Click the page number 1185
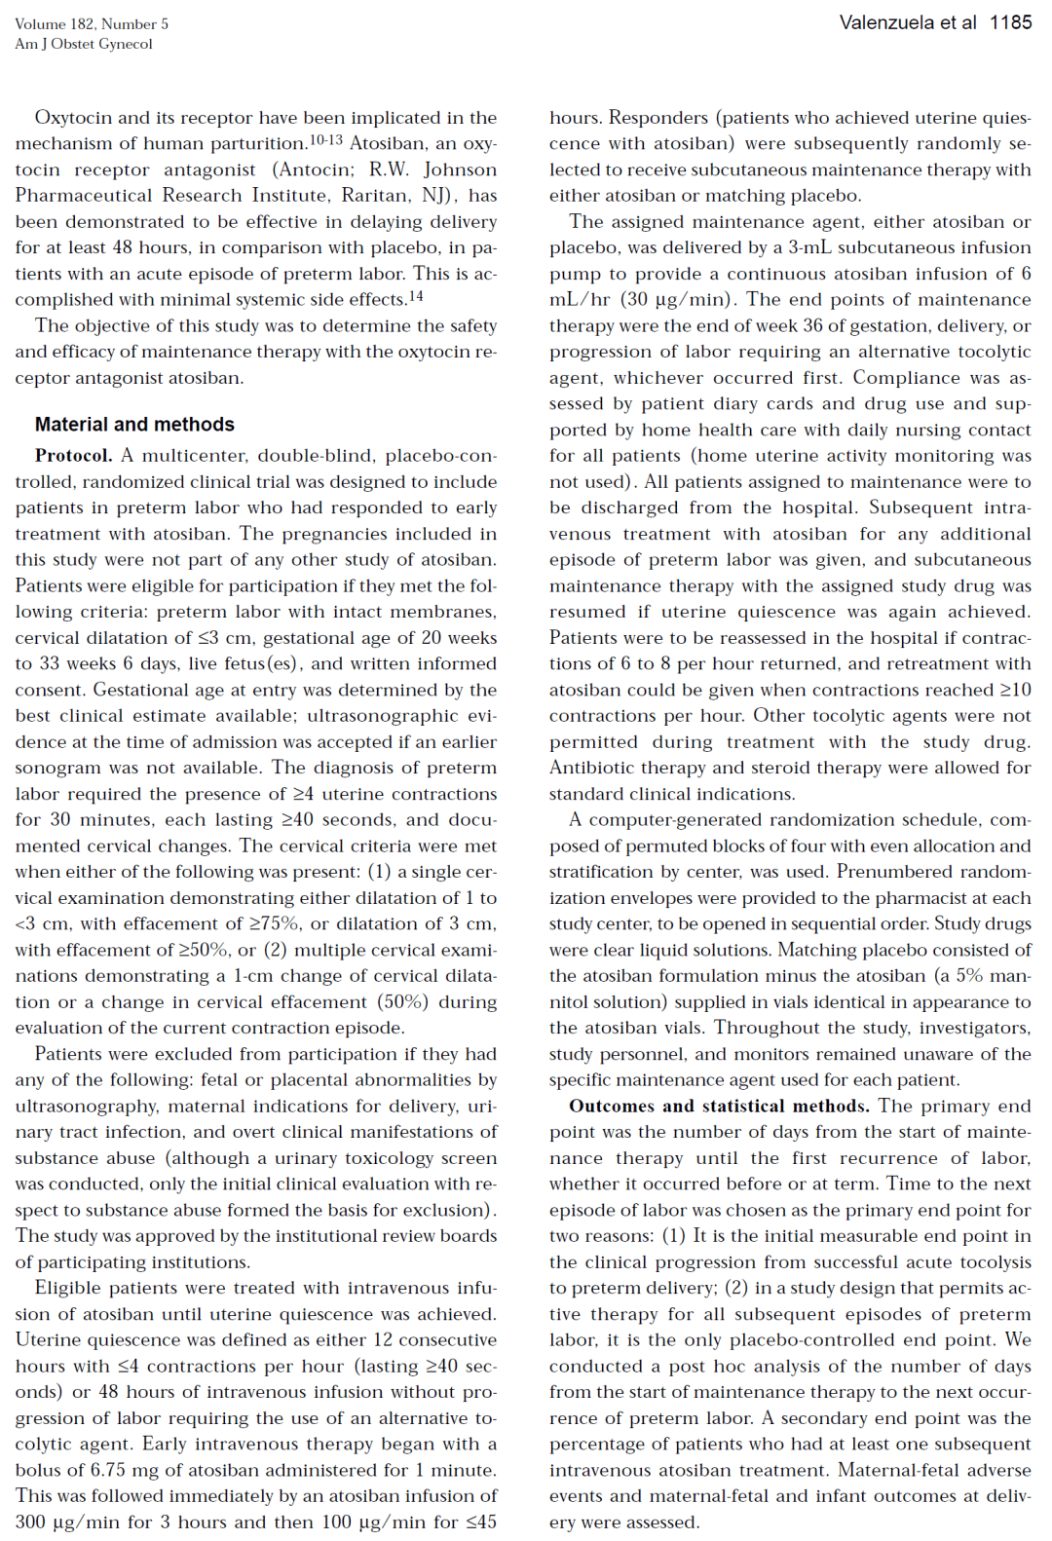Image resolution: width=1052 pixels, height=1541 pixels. tap(1010, 22)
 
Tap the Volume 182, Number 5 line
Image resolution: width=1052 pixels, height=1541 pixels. tap(92, 23)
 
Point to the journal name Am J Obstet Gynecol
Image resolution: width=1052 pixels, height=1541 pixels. tap(84, 44)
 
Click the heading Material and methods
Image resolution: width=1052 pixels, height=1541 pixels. tap(134, 425)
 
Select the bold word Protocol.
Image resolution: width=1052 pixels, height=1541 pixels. tap(73, 456)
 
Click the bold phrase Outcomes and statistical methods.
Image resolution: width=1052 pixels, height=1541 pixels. tap(719, 1107)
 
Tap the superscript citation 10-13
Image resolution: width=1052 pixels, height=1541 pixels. tap(326, 141)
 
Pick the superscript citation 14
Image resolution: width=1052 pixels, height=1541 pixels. tap(416, 296)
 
